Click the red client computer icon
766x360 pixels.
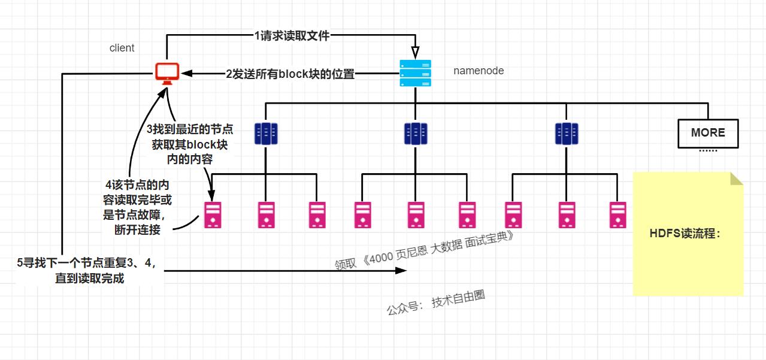coord(167,73)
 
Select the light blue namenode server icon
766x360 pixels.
coord(415,74)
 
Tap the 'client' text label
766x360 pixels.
coord(122,48)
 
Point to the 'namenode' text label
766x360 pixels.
coord(478,71)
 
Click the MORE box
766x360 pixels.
coord(708,133)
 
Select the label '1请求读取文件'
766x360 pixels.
coord(292,36)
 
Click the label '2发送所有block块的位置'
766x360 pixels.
coord(290,74)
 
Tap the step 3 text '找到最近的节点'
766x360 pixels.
coord(190,129)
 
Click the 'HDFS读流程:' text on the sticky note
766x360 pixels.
coord(685,234)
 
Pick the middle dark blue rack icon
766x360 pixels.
coord(414,133)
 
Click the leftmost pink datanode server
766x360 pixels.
coord(213,214)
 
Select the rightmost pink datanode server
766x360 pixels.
coord(617,214)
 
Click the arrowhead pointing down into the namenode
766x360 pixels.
coord(415,52)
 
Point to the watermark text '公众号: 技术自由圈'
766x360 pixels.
coord(435,305)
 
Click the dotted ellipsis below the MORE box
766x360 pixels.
coord(708,150)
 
